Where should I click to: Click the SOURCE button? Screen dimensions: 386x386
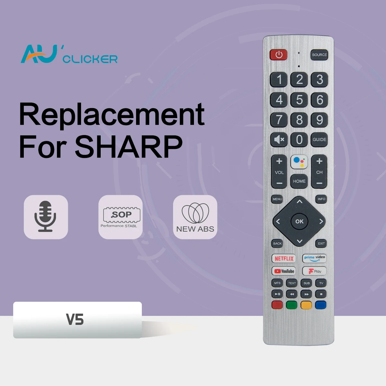click(x=319, y=55)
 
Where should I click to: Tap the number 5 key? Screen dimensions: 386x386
click(x=299, y=100)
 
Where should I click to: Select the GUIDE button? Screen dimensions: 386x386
click(x=319, y=140)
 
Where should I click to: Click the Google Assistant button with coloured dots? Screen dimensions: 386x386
click(x=299, y=162)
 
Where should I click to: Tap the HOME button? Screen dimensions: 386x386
click(x=299, y=181)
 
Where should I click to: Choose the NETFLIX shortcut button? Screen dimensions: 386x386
click(x=284, y=258)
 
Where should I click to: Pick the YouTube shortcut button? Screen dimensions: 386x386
click(x=284, y=271)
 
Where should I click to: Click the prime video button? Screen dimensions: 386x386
click(x=314, y=258)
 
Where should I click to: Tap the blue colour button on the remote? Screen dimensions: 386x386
click(x=321, y=305)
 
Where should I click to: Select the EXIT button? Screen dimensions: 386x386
click(x=321, y=244)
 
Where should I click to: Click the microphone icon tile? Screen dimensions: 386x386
click(x=46, y=217)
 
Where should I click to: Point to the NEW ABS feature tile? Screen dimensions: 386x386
click(x=195, y=217)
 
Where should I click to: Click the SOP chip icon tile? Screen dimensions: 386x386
click(x=120, y=217)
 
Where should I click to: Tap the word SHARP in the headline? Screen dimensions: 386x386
click(x=129, y=147)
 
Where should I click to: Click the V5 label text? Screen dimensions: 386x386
click(x=75, y=320)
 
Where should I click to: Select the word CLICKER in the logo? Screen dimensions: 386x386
click(x=90, y=59)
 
